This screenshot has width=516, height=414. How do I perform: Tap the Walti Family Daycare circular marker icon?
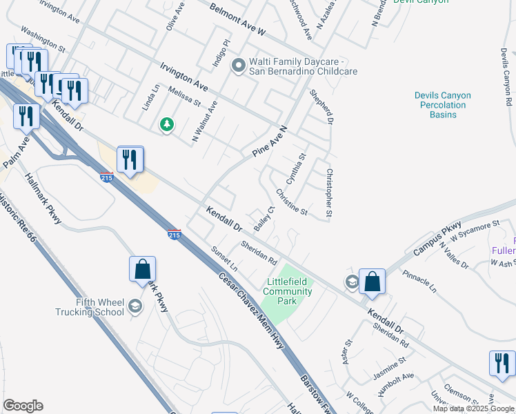tap(239, 66)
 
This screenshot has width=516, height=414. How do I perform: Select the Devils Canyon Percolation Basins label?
tap(442, 105)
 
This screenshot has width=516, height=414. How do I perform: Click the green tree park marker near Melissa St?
tap(166, 125)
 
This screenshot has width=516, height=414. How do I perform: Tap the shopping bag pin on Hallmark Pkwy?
tap(142, 268)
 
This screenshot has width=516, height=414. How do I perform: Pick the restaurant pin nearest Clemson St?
tap(502, 364)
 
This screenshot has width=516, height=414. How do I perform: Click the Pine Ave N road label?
tap(269, 142)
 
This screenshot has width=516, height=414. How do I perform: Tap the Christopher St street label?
tap(329, 195)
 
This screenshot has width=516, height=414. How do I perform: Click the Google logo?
tap(23, 406)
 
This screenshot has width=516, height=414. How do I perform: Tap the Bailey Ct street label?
tap(264, 218)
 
